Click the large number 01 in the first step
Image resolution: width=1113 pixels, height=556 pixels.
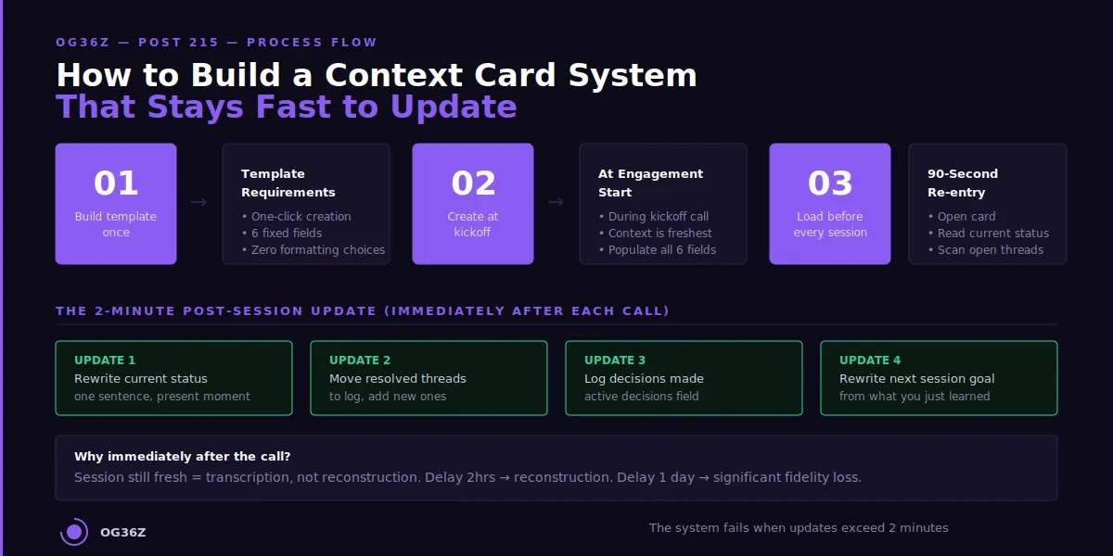click(116, 183)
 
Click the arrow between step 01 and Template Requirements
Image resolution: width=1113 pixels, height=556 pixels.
click(198, 202)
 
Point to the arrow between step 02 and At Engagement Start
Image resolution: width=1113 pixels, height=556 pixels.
click(556, 202)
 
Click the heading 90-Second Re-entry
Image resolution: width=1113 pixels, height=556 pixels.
click(963, 183)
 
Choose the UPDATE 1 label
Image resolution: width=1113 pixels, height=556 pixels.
click(105, 360)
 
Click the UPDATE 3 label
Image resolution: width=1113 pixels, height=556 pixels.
click(615, 360)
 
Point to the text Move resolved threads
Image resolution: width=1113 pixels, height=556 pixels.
click(398, 379)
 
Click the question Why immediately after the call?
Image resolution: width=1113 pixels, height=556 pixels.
click(182, 457)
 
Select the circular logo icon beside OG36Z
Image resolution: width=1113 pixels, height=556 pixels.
click(74, 532)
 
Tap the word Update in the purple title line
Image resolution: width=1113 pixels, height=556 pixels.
click(453, 107)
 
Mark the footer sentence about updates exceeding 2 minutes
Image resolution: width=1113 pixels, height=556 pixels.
click(799, 528)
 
